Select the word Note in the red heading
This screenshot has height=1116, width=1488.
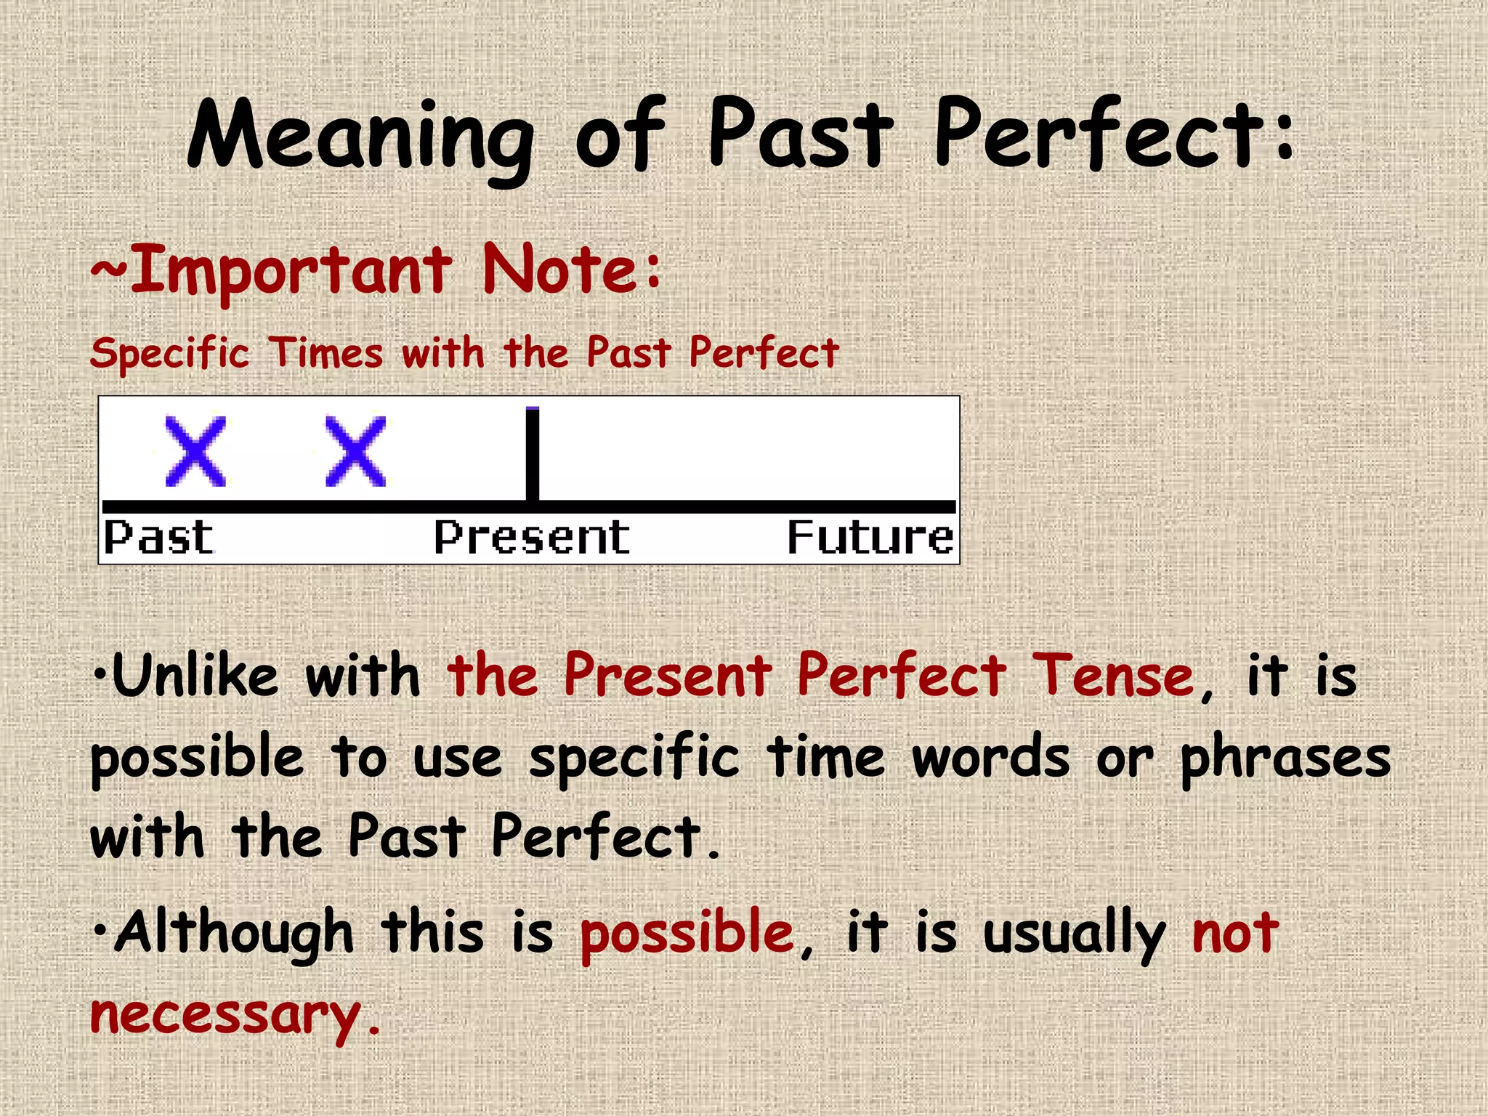[x=560, y=270]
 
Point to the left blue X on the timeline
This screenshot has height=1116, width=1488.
[x=195, y=451]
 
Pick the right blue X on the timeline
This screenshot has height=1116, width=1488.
[x=355, y=451]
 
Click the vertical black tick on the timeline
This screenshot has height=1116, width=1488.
[x=533, y=454]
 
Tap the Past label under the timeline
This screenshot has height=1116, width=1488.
[x=158, y=538]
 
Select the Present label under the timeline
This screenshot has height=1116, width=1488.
[x=532, y=538]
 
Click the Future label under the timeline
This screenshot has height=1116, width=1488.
[x=870, y=538]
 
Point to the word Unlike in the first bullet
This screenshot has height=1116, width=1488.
[x=195, y=676]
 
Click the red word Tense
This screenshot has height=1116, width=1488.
[x=1112, y=676]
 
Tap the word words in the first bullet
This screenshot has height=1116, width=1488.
[x=990, y=757]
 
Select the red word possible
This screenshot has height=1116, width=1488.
[x=687, y=934]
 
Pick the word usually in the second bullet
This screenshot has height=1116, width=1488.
[x=1074, y=934]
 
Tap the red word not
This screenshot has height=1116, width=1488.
[x=1235, y=934]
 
